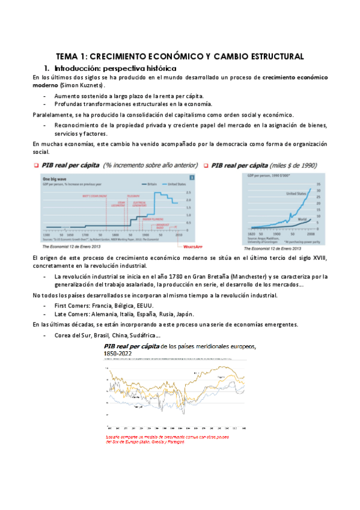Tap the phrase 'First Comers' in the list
71,306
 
